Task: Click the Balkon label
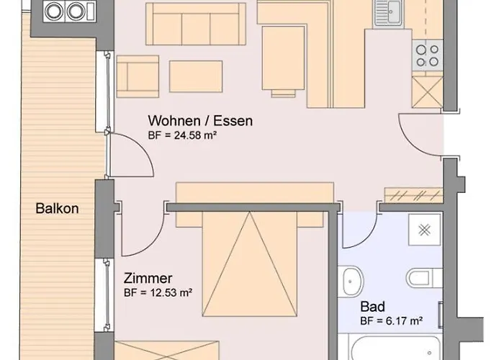coord(57,210)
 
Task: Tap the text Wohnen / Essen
coord(200,120)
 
